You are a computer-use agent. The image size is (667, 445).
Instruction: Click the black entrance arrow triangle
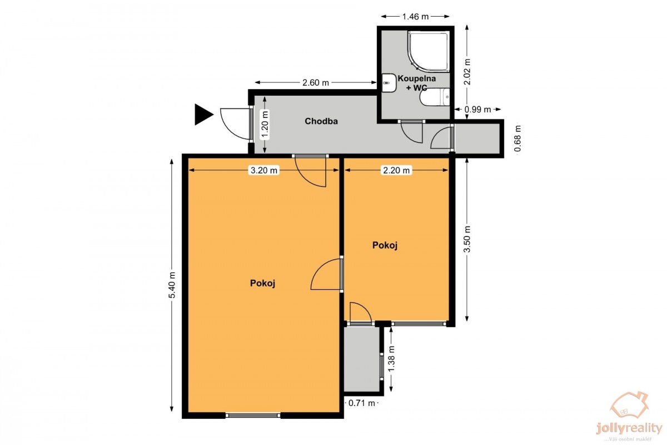pos(202,115)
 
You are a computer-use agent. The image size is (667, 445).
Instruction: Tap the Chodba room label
pos(321,121)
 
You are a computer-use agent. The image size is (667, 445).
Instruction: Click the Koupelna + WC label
pos(416,83)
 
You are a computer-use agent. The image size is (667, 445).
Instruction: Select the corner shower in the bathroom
pos(429,52)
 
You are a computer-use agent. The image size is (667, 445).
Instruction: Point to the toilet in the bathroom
pos(435,97)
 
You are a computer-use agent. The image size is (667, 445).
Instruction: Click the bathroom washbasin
pos(389,83)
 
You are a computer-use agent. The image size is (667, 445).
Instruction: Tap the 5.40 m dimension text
pos(172,285)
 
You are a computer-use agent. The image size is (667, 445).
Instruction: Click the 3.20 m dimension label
pos(264,170)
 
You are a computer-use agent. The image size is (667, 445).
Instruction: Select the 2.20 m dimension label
pos(396,170)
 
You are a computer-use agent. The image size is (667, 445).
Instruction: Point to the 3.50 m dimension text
pos(467,239)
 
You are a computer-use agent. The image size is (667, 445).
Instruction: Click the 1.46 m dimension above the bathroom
pos(415,17)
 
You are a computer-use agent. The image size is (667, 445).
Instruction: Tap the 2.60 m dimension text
pos(316,82)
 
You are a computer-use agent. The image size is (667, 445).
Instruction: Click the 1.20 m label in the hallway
pos(265,124)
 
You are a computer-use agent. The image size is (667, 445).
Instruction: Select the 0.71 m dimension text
pos(361,403)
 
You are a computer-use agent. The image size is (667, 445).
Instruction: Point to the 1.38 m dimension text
pos(391,359)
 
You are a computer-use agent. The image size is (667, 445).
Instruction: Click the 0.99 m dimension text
pos(477,110)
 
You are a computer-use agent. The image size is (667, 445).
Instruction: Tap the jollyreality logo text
pos(629,429)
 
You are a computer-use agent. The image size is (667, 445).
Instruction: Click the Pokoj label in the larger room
pos(262,283)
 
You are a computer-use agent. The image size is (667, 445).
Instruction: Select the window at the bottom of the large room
pos(253,415)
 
